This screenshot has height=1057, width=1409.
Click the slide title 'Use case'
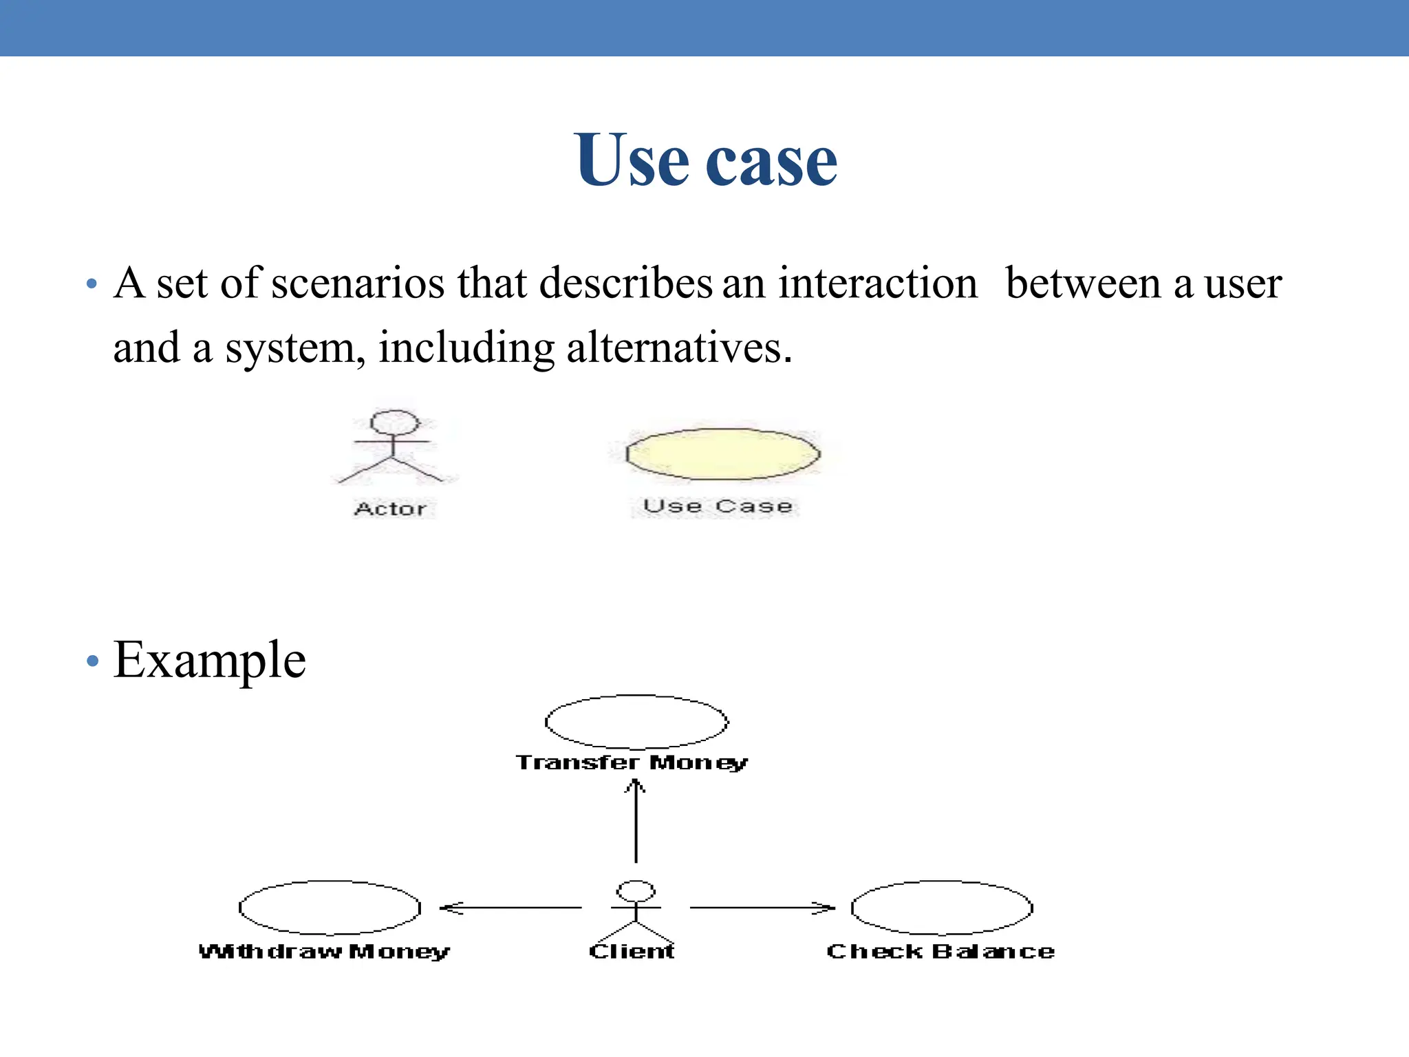click(705, 160)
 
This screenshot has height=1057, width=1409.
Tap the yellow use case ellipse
click(722, 454)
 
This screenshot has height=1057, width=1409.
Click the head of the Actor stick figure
click(395, 421)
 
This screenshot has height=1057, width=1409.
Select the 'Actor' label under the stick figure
click(390, 509)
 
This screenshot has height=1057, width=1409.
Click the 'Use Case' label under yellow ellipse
click(718, 506)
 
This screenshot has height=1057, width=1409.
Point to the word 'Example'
click(209, 661)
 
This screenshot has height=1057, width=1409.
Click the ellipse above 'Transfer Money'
click(636, 721)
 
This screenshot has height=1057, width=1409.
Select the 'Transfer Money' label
click(632, 762)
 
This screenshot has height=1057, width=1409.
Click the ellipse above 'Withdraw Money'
click(330, 907)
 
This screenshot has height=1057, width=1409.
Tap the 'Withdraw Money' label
click(324, 952)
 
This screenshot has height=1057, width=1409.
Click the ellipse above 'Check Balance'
click(942, 907)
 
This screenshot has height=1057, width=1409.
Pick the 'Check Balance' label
click(940, 952)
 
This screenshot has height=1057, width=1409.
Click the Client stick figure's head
click(636, 890)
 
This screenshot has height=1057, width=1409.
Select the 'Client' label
click(632, 952)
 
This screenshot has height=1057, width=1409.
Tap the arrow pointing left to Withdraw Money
click(510, 908)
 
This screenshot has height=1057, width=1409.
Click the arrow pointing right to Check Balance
click(762, 908)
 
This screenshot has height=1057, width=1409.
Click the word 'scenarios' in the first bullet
click(358, 284)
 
